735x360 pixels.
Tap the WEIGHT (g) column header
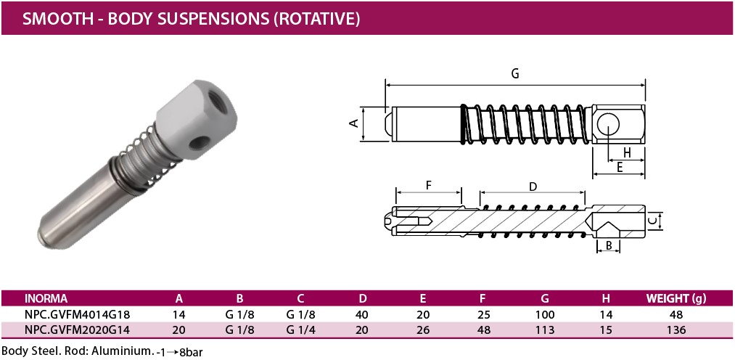[x=676, y=298]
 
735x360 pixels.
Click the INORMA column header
[x=46, y=298]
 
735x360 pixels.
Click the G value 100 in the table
[x=545, y=315]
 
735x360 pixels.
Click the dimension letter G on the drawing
[x=514, y=73]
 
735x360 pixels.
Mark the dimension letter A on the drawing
[x=355, y=123]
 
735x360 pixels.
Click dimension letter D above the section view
[x=533, y=187]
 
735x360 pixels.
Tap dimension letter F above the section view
[x=428, y=186]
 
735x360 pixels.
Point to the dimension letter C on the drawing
[x=652, y=219]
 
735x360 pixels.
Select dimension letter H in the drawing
[x=626, y=152]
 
